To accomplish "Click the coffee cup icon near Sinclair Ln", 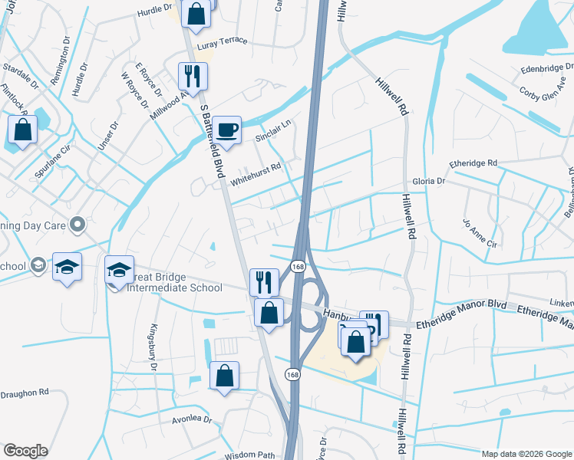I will click(226, 130).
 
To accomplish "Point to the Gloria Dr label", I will click(430, 181).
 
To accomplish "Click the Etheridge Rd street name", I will click(473, 163).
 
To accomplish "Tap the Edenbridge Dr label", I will click(546, 70).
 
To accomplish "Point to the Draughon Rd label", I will click(25, 391).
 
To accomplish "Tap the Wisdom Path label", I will click(249, 455).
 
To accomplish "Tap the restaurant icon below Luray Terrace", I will click(191, 75).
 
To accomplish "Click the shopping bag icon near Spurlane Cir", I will click(22, 129).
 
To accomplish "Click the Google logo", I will click(25, 451).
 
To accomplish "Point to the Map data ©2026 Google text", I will click(526, 454).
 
